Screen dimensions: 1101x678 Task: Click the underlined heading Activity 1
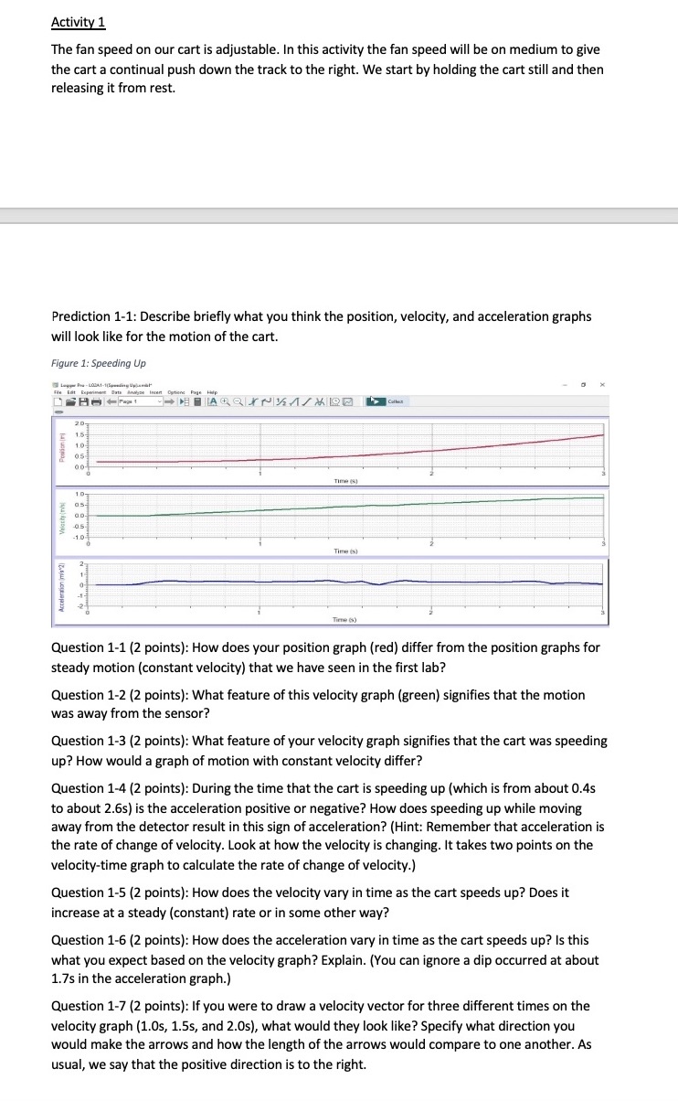click(79, 22)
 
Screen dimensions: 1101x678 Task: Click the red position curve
click(365, 454)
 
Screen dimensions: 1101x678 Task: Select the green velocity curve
click(365, 506)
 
